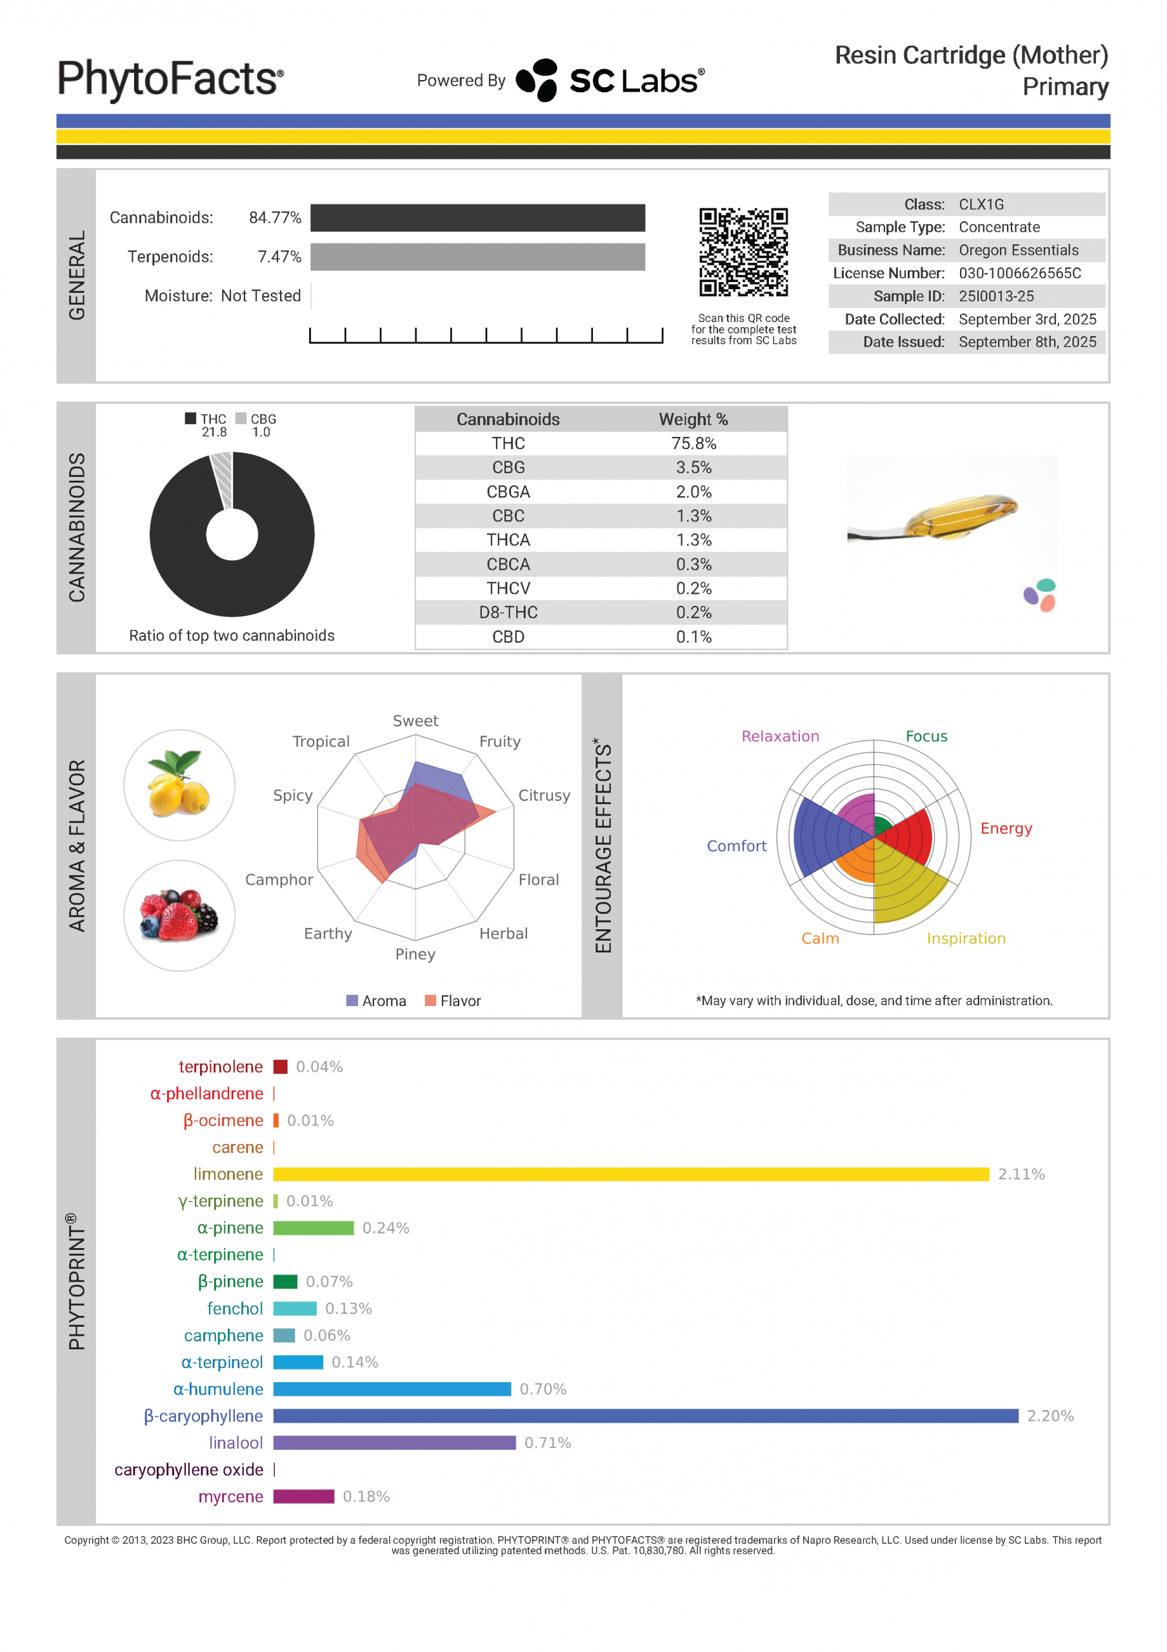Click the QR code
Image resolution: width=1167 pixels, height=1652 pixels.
[x=743, y=252]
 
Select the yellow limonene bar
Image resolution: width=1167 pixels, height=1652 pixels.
[x=630, y=1174]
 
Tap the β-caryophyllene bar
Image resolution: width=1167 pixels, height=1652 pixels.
[x=644, y=1415]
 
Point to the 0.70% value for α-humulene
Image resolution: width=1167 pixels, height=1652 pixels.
[x=543, y=1389]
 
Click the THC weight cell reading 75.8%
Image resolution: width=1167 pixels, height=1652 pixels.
[x=693, y=443]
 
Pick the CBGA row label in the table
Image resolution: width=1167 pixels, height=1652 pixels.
[x=508, y=492]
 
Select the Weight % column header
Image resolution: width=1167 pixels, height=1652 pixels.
[x=693, y=419]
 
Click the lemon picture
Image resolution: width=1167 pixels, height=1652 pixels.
[x=179, y=785]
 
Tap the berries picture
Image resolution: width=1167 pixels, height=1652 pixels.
[x=179, y=915]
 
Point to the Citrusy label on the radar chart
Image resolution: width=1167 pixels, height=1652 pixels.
[x=544, y=795]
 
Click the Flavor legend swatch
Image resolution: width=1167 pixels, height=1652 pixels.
[x=430, y=1000]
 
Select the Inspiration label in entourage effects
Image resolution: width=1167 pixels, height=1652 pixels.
[x=966, y=938]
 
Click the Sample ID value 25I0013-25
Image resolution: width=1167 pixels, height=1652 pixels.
[x=996, y=296]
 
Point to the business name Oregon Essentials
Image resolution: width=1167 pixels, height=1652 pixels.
[x=1018, y=250]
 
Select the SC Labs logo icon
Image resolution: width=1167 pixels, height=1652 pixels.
[x=537, y=79]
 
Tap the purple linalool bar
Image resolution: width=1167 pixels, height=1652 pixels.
[x=394, y=1443]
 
